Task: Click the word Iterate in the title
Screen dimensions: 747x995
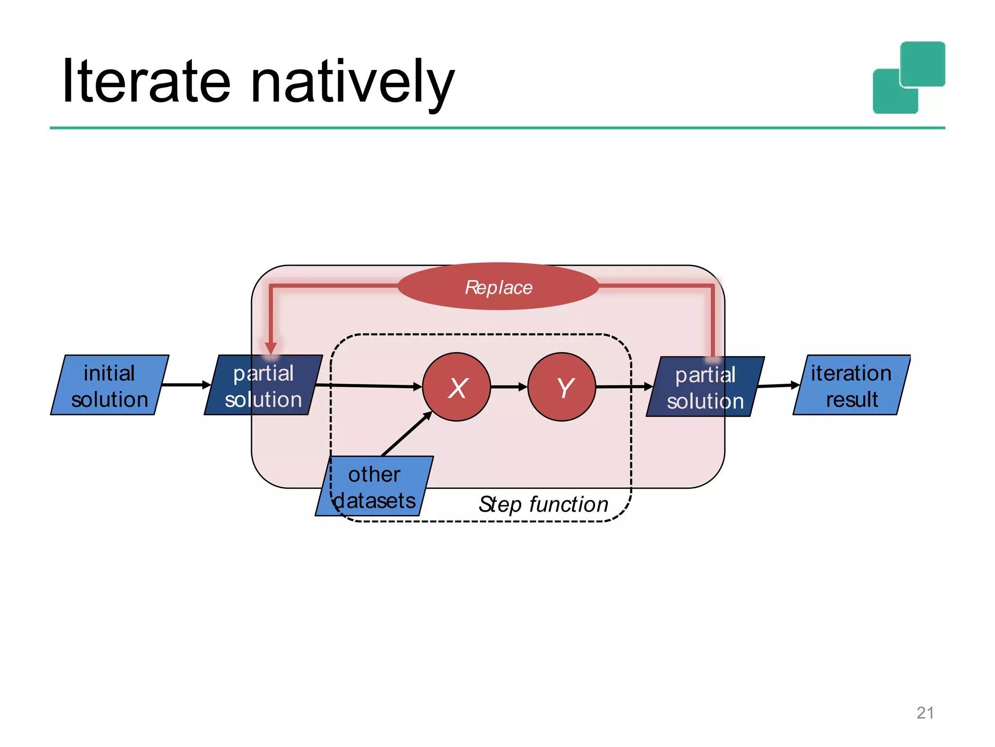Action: point(146,82)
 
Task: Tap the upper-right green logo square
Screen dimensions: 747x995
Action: point(923,64)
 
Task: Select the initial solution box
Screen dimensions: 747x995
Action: point(109,385)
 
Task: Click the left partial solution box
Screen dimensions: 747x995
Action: point(263,385)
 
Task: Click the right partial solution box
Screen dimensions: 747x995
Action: point(705,387)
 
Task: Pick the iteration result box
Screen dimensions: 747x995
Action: point(851,385)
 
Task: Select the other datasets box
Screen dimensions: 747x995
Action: point(374,486)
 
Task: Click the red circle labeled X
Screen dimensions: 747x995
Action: point(457,387)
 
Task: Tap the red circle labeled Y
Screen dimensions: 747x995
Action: point(562,387)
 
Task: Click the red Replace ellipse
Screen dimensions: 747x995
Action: point(498,287)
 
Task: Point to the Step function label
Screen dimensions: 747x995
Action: point(543,504)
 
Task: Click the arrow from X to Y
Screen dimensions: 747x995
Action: point(509,387)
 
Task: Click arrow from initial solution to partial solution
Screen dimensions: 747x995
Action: point(186,385)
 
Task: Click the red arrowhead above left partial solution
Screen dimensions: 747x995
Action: point(271,348)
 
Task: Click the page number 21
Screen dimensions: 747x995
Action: point(925,713)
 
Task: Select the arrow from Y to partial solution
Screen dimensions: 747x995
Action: point(624,387)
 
